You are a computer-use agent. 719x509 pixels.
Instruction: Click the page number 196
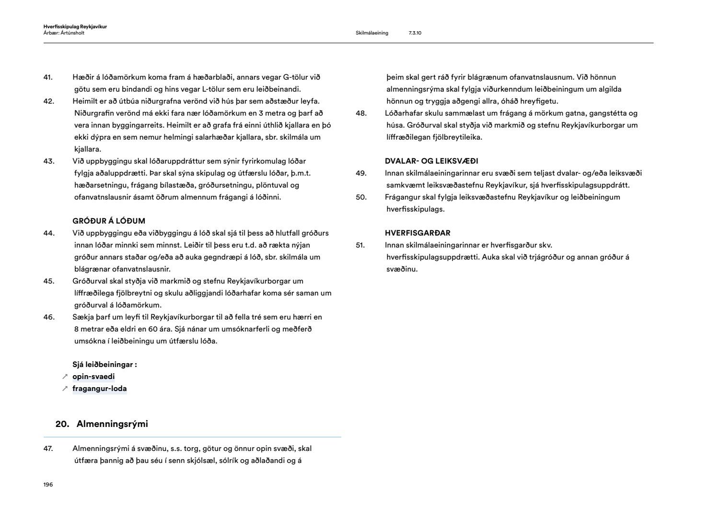(x=48, y=485)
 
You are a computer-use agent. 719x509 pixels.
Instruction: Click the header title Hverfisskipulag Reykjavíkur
(x=75, y=27)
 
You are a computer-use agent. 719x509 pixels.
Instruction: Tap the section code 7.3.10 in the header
(x=415, y=33)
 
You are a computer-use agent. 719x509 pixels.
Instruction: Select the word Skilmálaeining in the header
(x=372, y=33)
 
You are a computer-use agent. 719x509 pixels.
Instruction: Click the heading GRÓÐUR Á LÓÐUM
(x=109, y=221)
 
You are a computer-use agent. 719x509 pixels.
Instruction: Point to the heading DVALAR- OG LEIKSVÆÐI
(x=431, y=161)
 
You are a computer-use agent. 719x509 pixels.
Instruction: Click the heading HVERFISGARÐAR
(x=417, y=233)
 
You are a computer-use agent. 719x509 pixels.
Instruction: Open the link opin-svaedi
(x=93, y=377)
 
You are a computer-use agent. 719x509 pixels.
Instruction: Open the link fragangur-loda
(x=100, y=389)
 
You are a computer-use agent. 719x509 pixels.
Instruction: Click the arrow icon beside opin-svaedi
(x=65, y=377)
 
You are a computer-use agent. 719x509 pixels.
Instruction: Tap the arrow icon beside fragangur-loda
(x=65, y=389)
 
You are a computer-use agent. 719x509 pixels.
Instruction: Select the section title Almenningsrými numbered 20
(x=112, y=424)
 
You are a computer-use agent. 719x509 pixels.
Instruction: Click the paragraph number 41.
(x=48, y=77)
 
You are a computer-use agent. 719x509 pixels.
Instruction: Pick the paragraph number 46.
(x=48, y=317)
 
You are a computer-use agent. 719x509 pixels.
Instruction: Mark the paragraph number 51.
(x=360, y=245)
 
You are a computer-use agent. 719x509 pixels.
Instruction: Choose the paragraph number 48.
(x=361, y=113)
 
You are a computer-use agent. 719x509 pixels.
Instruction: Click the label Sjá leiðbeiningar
(x=104, y=365)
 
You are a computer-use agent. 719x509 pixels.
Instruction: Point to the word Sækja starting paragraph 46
(x=82, y=317)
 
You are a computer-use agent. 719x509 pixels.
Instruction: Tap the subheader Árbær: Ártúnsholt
(x=64, y=33)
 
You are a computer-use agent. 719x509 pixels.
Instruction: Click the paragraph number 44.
(x=48, y=233)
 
